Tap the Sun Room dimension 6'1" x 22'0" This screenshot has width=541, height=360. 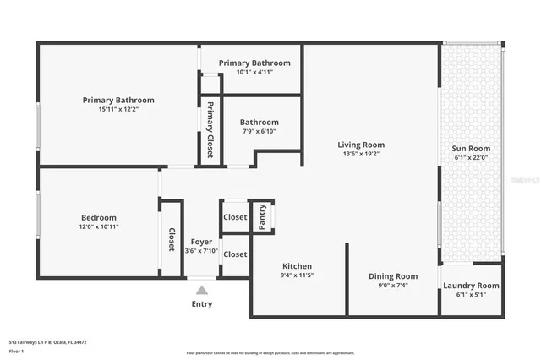pos(471,157)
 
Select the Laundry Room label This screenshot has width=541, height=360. pos(471,286)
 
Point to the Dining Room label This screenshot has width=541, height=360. pos(394,276)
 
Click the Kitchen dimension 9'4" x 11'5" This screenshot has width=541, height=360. pos(297,275)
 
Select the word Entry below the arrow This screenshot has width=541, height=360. pos(201,304)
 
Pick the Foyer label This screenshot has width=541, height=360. pos(201,242)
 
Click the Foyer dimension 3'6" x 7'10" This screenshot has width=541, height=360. pos(201,251)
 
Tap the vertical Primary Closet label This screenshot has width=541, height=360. pos(210,130)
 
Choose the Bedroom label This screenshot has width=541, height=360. pos(99,216)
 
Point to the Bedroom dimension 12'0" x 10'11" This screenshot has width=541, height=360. pos(99,226)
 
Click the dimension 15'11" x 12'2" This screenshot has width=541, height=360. pos(118,109)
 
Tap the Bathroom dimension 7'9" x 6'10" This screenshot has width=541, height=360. pos(260,132)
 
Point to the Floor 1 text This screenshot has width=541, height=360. pos(17,350)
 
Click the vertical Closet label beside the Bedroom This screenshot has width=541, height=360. pos(172,239)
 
